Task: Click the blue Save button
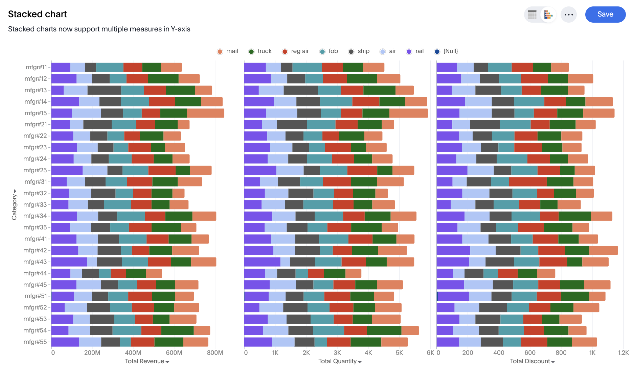605,15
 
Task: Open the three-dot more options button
569,15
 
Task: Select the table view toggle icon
532,15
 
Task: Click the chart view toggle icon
548,15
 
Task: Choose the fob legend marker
322,51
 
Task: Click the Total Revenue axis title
144,361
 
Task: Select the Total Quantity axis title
337,361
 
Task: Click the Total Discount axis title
530,361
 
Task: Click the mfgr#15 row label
36,113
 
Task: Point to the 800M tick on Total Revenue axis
215,353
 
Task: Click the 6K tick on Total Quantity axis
430,353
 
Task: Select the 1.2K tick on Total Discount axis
623,353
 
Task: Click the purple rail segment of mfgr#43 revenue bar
69,262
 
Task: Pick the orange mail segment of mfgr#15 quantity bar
408,113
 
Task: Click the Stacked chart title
37,14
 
